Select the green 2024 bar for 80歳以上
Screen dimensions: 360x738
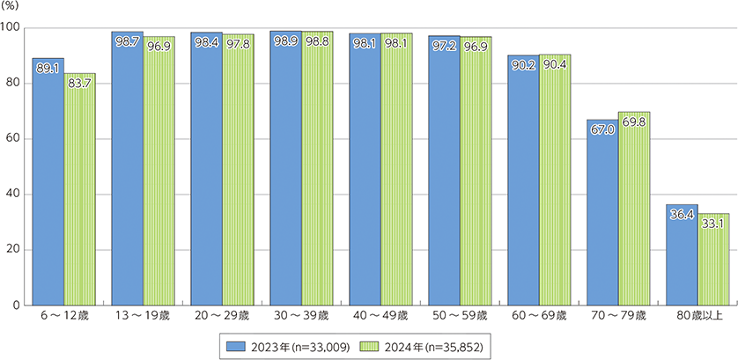[713, 264]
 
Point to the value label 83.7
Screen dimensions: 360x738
[80, 83]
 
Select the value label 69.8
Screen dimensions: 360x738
[634, 121]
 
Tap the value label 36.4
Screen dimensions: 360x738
[682, 213]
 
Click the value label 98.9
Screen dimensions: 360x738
[285, 42]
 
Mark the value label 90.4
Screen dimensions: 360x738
[555, 63]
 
